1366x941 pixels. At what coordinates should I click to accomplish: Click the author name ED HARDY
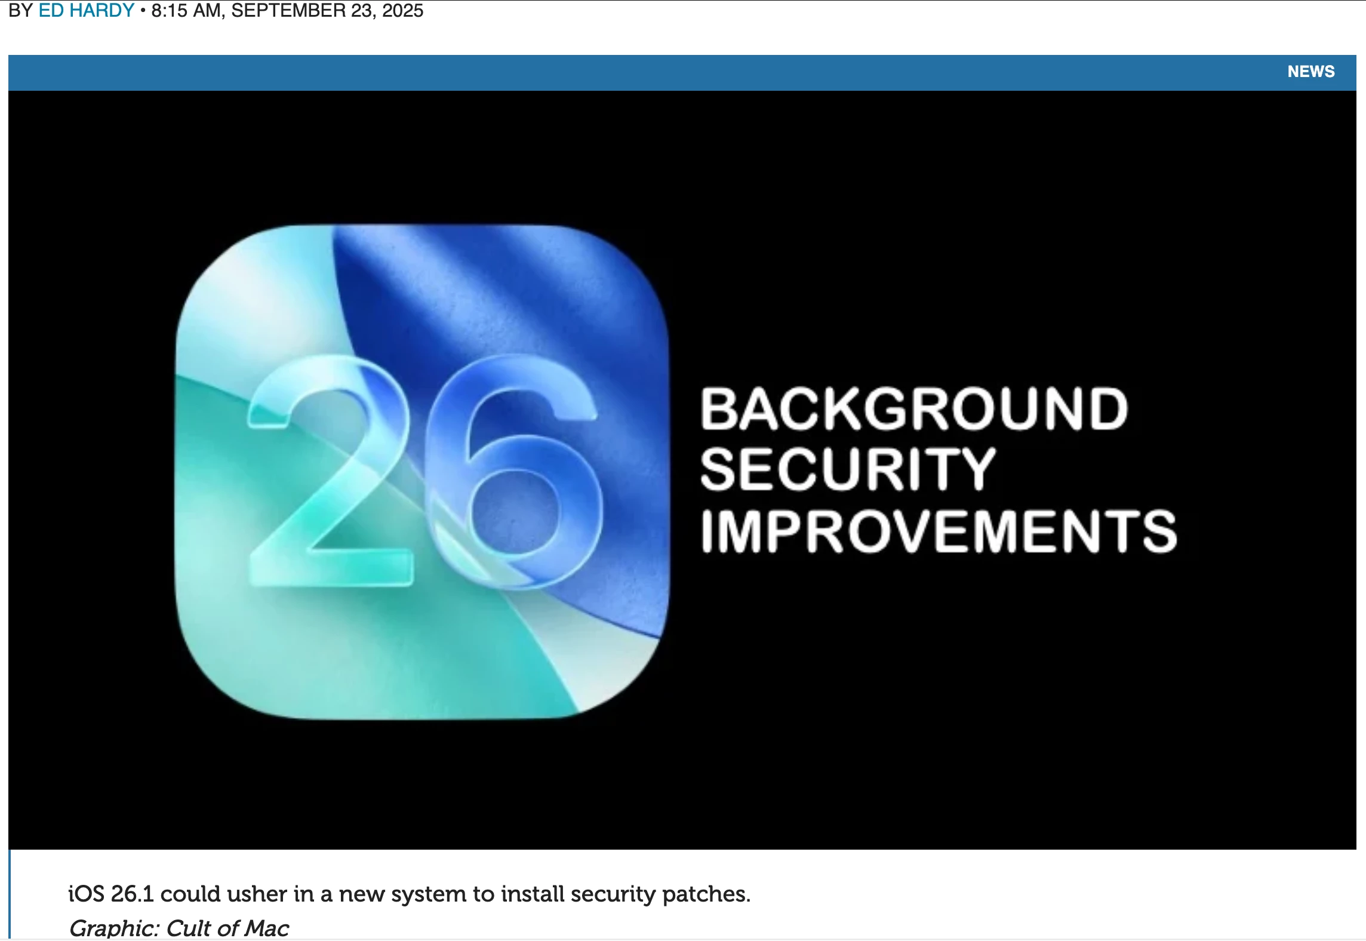87,11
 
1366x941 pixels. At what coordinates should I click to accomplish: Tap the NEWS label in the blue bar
1310,72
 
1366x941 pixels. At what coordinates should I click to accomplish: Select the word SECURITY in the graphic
848,469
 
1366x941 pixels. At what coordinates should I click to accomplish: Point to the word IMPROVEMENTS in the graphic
939,531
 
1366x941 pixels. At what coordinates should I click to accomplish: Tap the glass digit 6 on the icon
515,472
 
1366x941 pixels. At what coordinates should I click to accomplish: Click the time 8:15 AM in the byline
186,11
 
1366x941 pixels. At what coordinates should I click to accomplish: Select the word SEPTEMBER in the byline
288,11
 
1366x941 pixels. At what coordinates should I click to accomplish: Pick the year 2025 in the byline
402,11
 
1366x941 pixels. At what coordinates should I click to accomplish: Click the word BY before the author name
20,11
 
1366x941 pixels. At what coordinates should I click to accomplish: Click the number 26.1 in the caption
132,894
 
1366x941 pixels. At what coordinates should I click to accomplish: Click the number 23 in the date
362,11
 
